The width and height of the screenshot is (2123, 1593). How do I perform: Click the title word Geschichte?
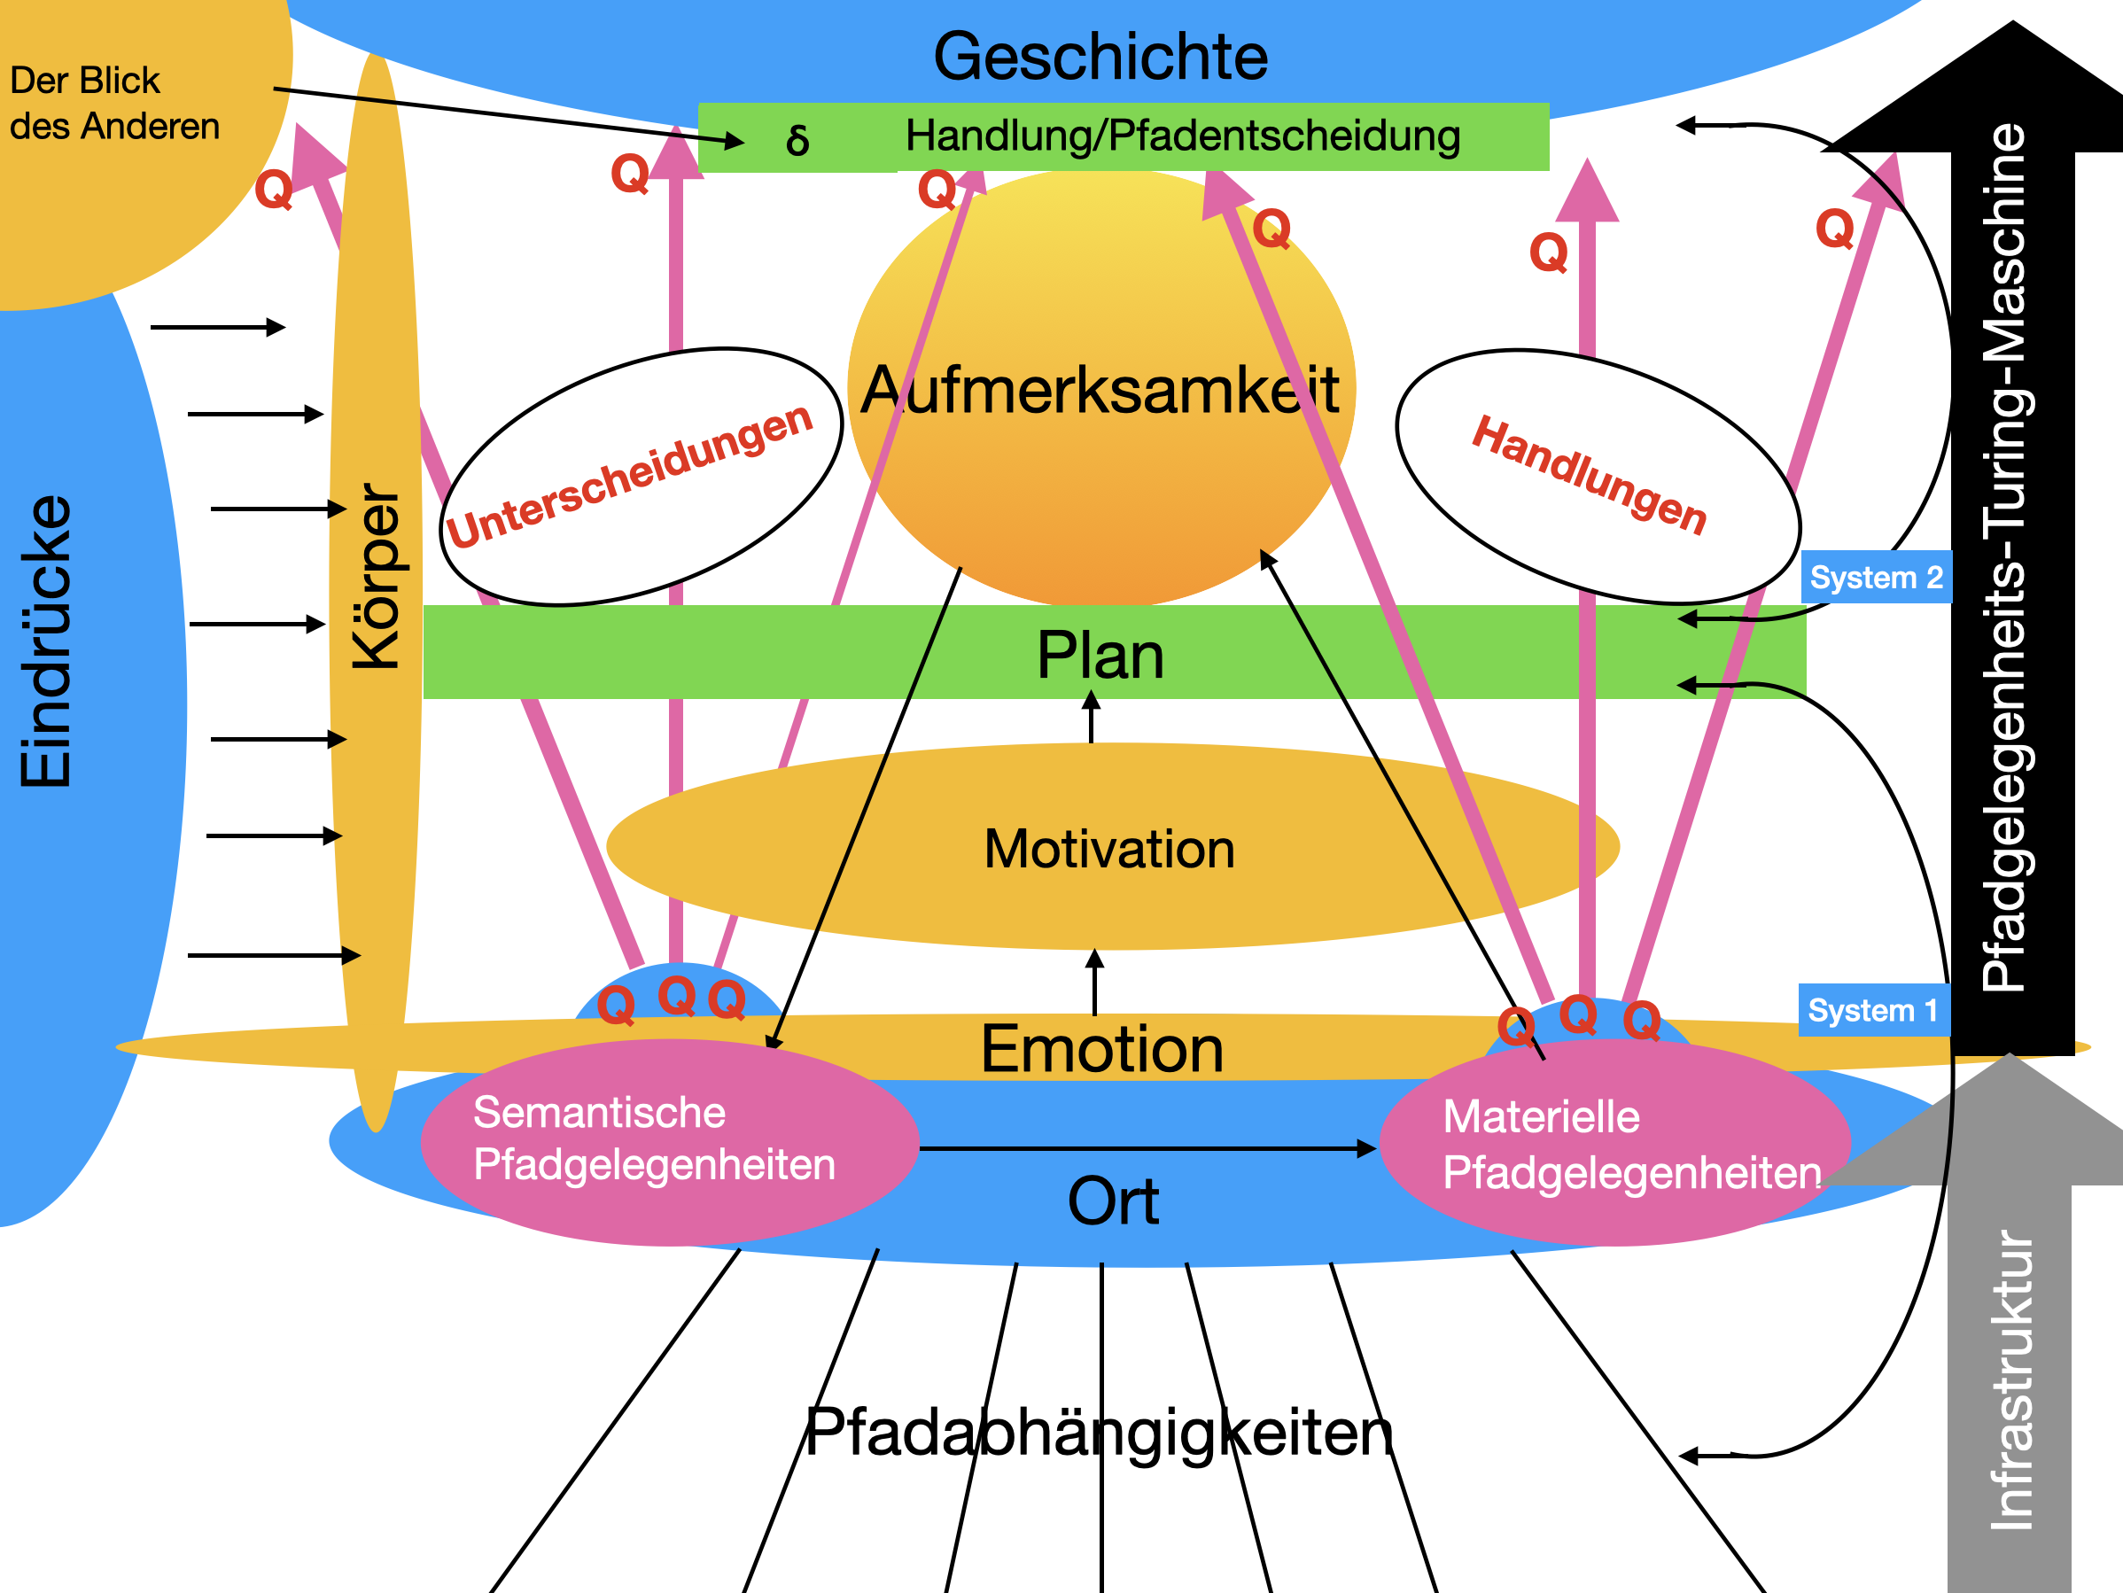1100,57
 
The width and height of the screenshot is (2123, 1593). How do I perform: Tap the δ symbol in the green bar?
797,140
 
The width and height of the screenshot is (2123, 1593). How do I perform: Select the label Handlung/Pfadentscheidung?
1182,136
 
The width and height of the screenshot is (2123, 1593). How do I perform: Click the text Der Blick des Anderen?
113,104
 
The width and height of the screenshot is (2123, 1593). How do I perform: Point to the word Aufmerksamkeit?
1100,391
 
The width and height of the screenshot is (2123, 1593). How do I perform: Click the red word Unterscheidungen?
628,477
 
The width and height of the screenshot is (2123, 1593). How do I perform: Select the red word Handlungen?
1590,475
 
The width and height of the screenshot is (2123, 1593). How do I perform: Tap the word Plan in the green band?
1100,657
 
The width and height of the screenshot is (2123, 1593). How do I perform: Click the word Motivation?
1109,851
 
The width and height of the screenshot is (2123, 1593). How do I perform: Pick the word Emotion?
1101,1049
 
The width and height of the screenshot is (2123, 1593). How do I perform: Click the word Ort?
1113,1201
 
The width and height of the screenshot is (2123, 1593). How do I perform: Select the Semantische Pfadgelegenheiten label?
654,1139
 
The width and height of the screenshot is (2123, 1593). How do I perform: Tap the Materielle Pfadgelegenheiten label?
1630,1145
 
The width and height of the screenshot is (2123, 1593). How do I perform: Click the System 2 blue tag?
1876,578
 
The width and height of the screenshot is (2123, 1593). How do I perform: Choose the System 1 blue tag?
1872,1011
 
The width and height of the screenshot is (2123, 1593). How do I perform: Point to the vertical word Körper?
377,576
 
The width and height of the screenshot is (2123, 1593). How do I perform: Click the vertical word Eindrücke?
46,641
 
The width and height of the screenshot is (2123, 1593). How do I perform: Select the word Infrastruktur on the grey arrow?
2011,1380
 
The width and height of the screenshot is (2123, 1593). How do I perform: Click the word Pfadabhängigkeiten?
1098,1433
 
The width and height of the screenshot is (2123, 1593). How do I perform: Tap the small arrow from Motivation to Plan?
1092,718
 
